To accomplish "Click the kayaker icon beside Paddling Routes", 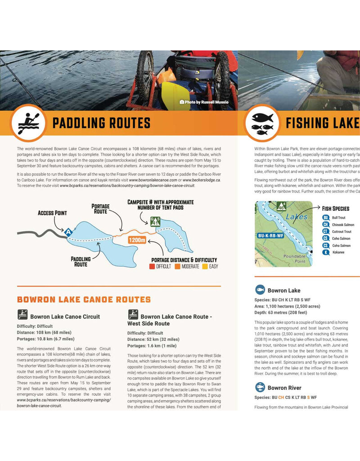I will [28, 123].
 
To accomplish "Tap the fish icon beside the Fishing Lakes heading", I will [262, 123].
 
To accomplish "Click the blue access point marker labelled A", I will [68, 232].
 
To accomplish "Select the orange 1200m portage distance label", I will [137, 240].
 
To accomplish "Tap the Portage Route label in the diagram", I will [100, 209].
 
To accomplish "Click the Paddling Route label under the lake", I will [81, 262].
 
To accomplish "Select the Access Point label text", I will [52, 213].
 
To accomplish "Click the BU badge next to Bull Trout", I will [326, 217].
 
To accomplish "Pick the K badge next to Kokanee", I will [326, 253].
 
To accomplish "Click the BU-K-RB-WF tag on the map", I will [271, 235].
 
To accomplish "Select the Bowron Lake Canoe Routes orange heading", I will [84, 299].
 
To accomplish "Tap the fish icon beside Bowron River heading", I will [260, 387].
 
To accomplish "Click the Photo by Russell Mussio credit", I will [204, 102].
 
